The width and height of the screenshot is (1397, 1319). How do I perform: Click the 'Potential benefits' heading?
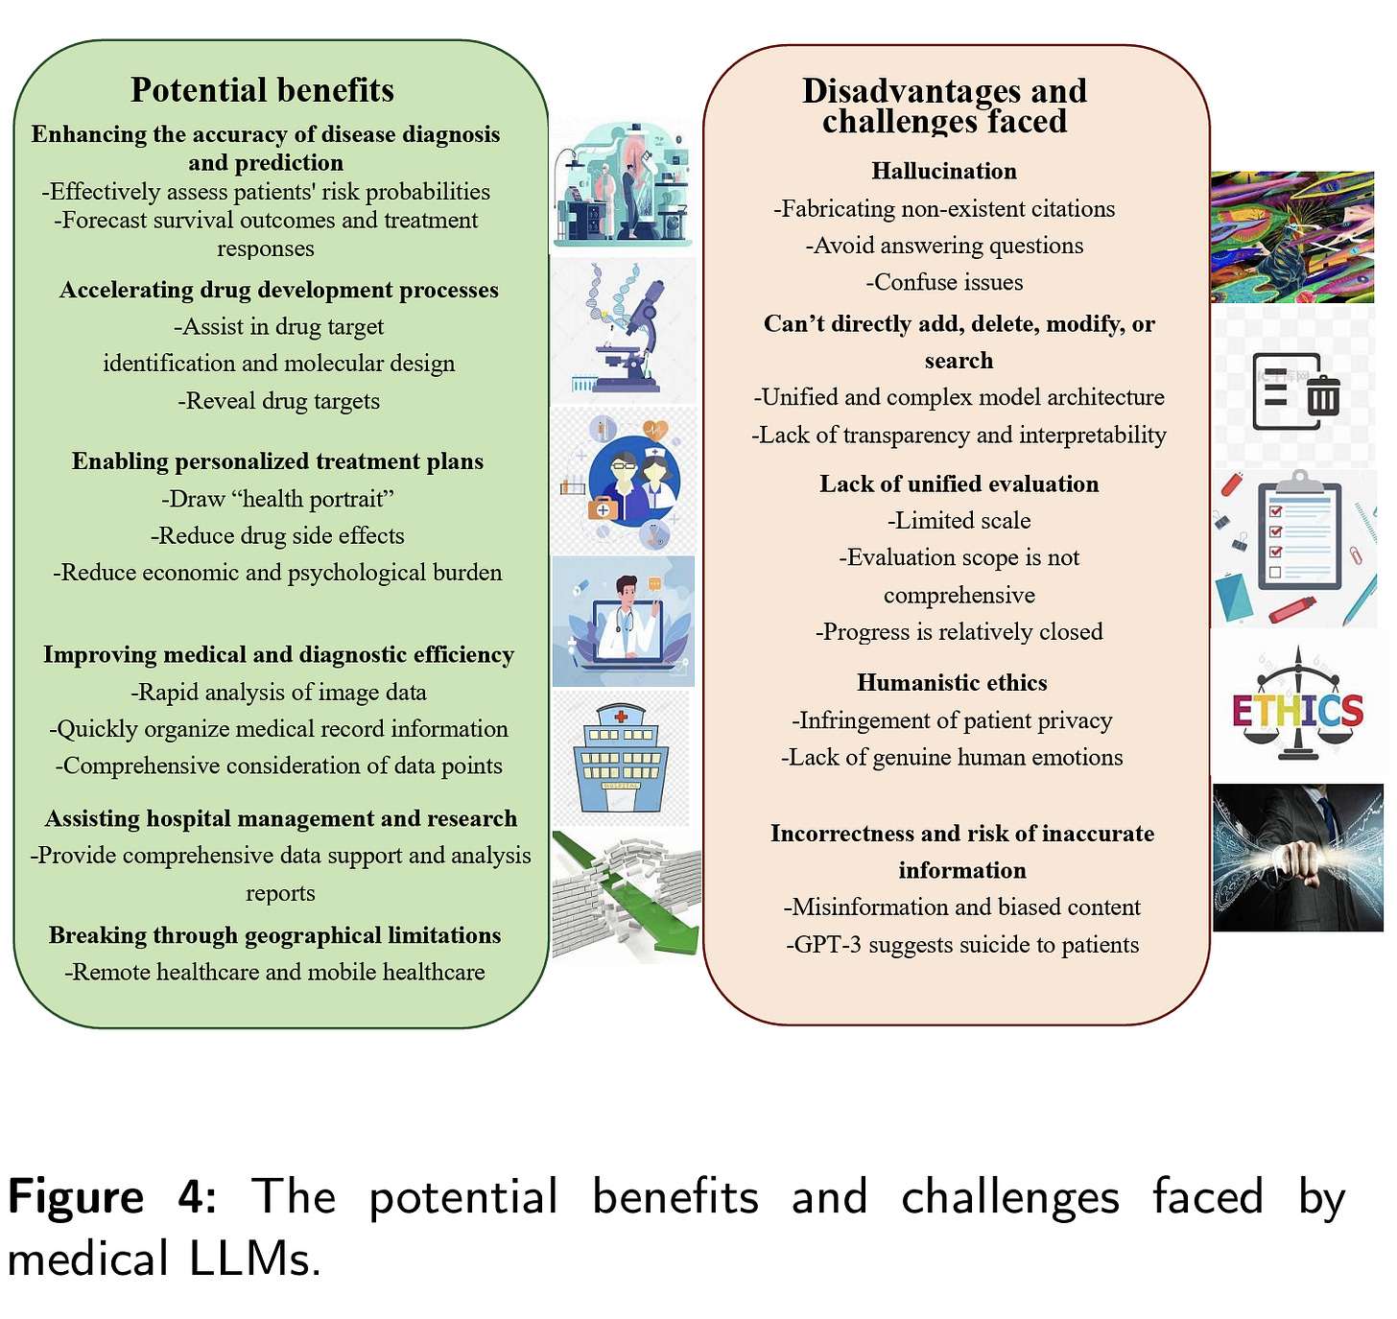[262, 90]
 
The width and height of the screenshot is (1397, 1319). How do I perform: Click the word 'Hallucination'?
[944, 171]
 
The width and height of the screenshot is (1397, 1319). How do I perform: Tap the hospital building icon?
[621, 757]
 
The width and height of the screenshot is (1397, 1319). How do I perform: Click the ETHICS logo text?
[1297, 711]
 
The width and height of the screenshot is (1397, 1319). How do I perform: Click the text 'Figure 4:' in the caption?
[111, 1196]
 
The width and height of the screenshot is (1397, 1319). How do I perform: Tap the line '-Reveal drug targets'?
[279, 401]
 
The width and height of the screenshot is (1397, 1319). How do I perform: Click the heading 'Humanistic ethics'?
[952, 682]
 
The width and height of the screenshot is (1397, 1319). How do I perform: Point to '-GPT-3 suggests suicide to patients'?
[962, 945]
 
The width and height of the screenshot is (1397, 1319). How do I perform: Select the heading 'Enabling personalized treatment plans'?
[277, 461]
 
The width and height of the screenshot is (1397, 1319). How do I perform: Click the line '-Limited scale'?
[959, 521]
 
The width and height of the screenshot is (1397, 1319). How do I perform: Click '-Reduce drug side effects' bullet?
[277, 535]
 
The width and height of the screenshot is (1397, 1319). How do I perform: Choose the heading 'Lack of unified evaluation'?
[959, 483]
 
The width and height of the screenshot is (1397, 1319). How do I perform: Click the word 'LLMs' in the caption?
[253, 1259]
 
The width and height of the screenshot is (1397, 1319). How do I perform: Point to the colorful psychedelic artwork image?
[1291, 237]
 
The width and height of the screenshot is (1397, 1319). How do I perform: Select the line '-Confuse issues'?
[944, 282]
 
